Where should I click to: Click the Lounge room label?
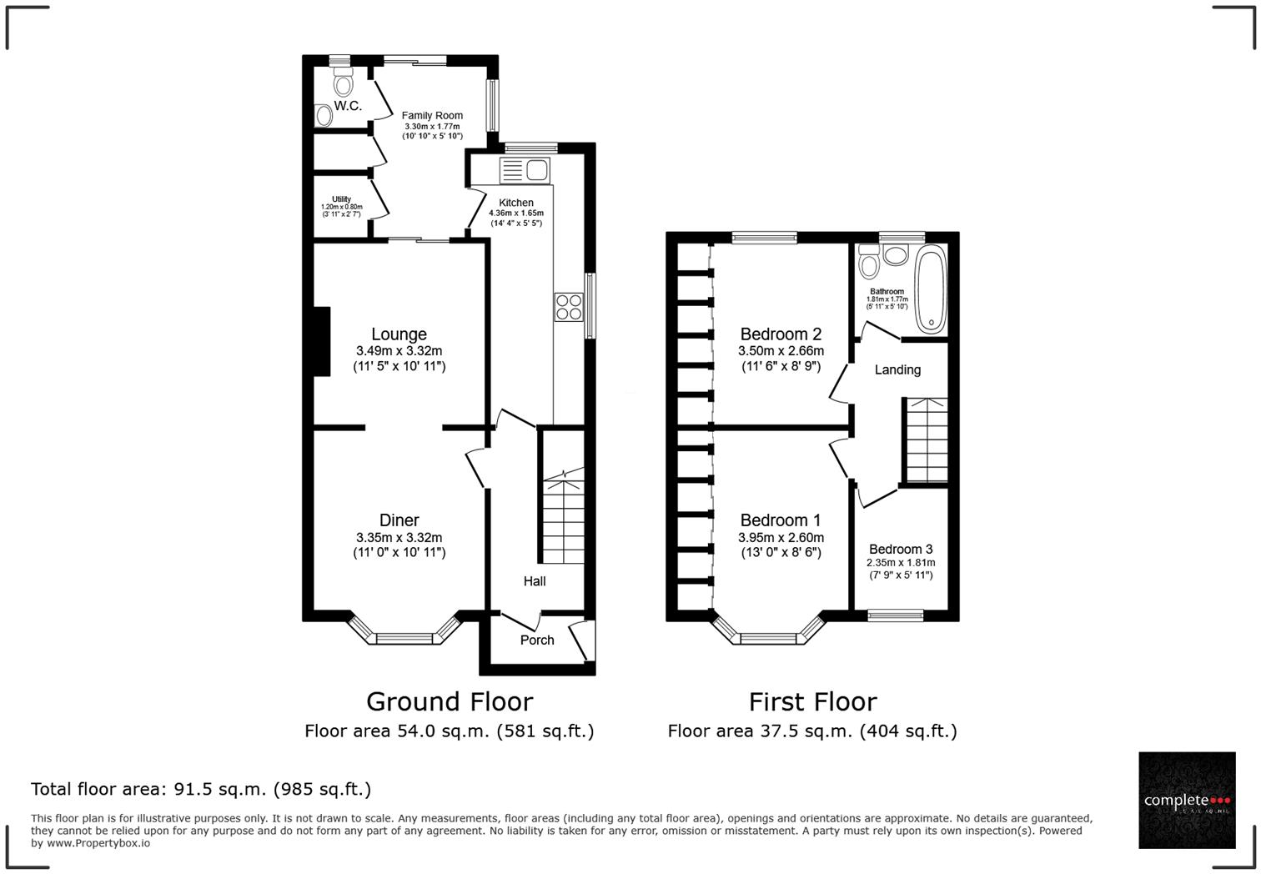(x=399, y=334)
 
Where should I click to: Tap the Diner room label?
(x=399, y=520)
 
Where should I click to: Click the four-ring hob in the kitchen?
(x=569, y=307)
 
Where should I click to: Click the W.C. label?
(x=348, y=106)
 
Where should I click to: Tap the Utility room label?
(x=341, y=199)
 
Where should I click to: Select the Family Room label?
(x=432, y=116)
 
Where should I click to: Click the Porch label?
(x=537, y=640)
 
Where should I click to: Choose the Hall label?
(x=535, y=581)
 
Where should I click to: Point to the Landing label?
(x=897, y=369)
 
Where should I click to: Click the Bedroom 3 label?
(x=901, y=550)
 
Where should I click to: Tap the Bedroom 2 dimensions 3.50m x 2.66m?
(x=781, y=351)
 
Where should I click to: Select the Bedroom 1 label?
(x=781, y=520)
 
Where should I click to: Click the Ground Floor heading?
(x=449, y=701)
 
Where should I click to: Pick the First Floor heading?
(x=812, y=701)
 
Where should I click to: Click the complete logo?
(x=1187, y=800)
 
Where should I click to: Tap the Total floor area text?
(x=201, y=789)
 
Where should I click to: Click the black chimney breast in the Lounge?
(x=322, y=341)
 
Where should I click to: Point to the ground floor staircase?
(x=564, y=517)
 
